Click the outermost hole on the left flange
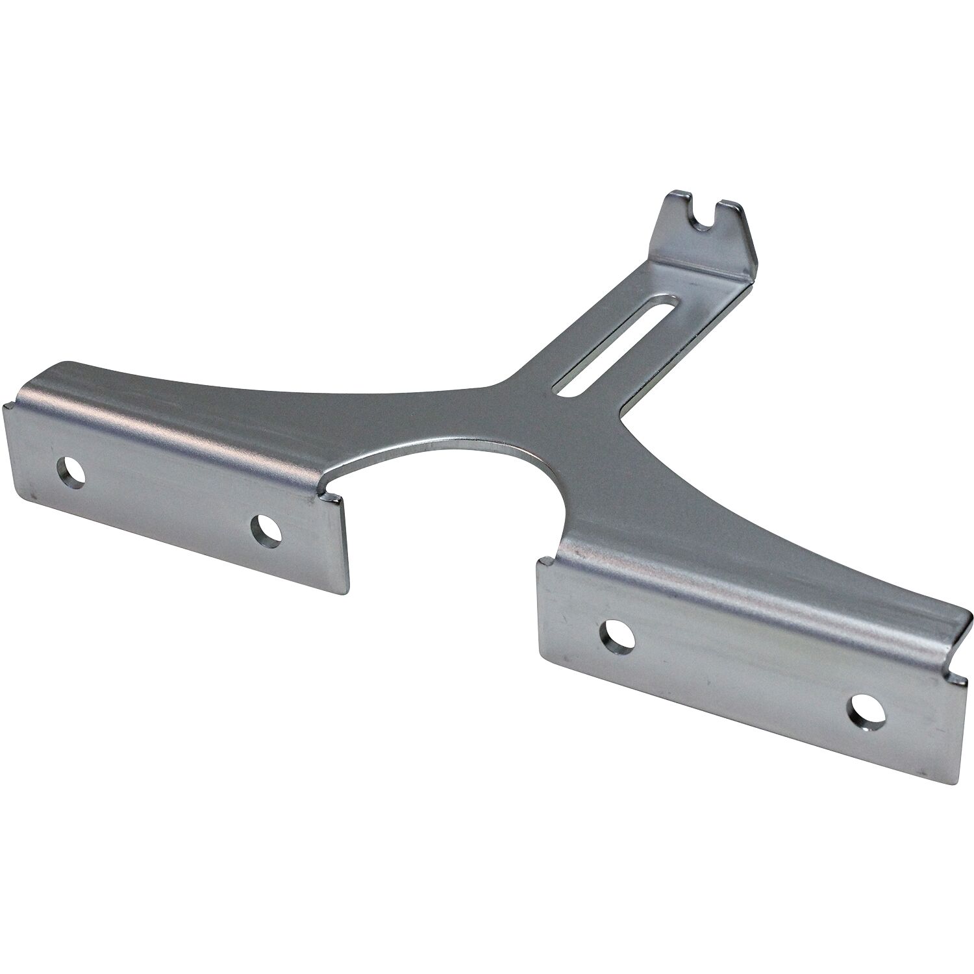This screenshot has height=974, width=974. point(71,472)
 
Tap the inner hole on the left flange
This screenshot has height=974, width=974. point(266,531)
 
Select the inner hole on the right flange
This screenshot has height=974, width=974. point(618,636)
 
